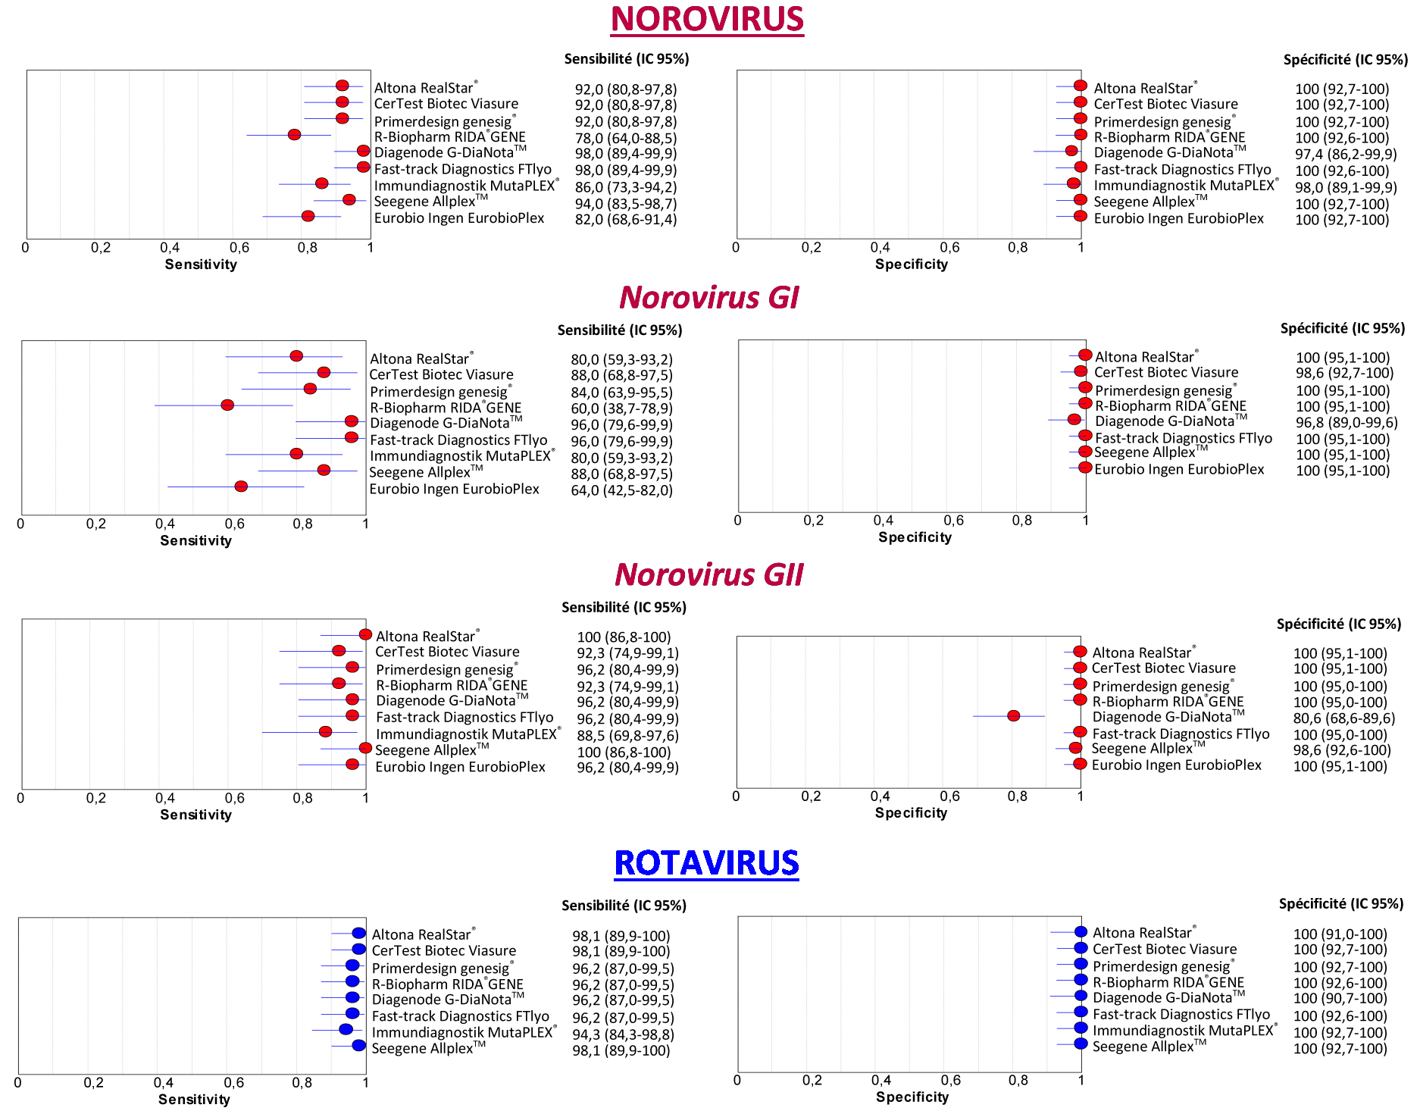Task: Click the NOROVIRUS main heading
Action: click(707, 20)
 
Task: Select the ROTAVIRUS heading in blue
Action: click(706, 863)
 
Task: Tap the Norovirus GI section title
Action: click(708, 297)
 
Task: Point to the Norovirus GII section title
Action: click(708, 574)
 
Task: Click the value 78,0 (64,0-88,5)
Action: click(625, 138)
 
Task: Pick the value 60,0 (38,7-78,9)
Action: click(621, 408)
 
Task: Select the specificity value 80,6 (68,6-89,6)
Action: click(1343, 718)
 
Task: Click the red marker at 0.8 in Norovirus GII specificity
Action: click(1013, 715)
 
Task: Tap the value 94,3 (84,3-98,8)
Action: click(623, 1034)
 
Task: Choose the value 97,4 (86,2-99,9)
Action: click(1346, 154)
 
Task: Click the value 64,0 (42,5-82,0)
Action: click(621, 490)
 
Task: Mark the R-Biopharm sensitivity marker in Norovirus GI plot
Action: click(227, 405)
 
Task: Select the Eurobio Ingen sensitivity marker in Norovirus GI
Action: click(241, 486)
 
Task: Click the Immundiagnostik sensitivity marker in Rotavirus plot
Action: click(346, 1029)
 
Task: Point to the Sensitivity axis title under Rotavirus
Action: click(194, 1099)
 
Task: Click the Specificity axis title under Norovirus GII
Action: click(911, 812)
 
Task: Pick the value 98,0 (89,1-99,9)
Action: click(1346, 187)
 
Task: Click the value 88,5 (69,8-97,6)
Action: click(627, 735)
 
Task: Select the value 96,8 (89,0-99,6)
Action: click(1346, 422)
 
